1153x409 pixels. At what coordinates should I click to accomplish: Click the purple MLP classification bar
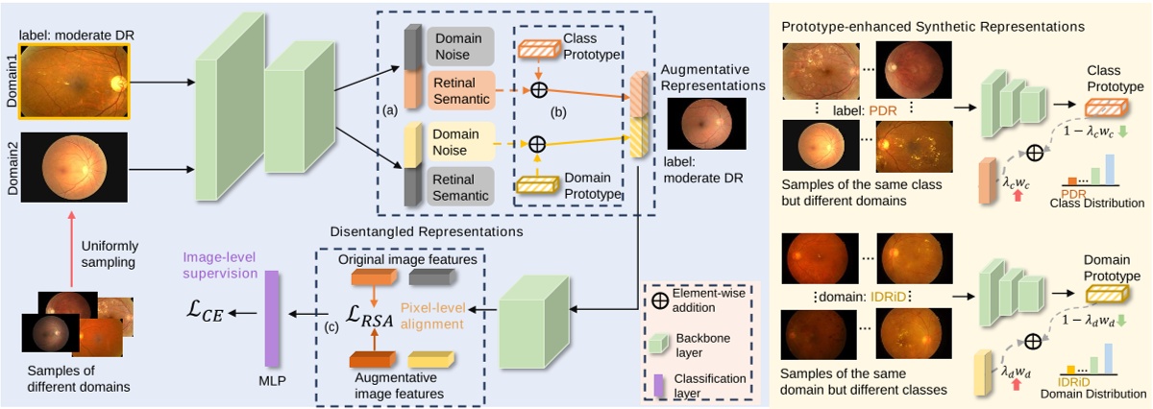(271, 318)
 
